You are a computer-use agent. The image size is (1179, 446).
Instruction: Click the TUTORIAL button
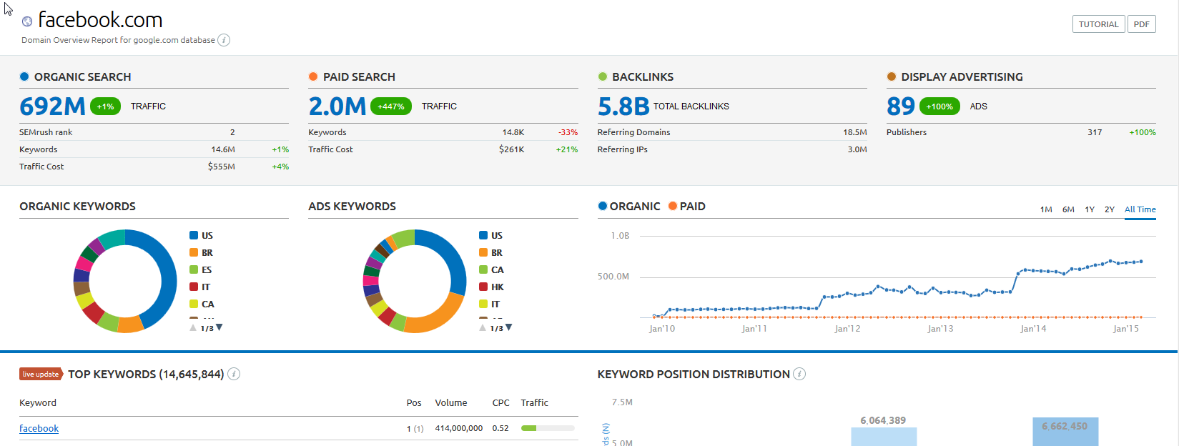pos(1098,24)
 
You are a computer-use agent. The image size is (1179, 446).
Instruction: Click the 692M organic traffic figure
pos(52,106)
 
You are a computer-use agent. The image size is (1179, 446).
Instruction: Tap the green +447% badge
pos(391,106)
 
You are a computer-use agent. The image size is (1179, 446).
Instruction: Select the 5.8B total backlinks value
pos(623,106)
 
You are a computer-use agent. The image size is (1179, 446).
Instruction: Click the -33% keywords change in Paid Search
pos(568,132)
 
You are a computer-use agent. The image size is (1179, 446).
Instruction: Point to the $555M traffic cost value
pos(221,167)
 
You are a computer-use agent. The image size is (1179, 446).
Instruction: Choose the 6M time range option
pos(1068,209)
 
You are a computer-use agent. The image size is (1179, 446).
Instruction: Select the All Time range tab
pos(1140,209)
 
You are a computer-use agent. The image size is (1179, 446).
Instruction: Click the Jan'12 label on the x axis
pos(847,329)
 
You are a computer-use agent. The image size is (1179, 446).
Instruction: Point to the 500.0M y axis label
pos(613,277)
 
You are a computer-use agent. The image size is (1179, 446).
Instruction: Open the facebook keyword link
pos(39,429)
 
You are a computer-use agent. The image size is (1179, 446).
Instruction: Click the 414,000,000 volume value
pos(458,429)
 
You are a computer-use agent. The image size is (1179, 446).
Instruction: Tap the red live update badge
pos(41,374)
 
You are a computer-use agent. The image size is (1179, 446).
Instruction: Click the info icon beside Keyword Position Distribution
pos(799,374)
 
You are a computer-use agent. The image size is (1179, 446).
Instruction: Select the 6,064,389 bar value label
pos(883,420)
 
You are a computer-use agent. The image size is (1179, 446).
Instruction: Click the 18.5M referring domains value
pos(854,132)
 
